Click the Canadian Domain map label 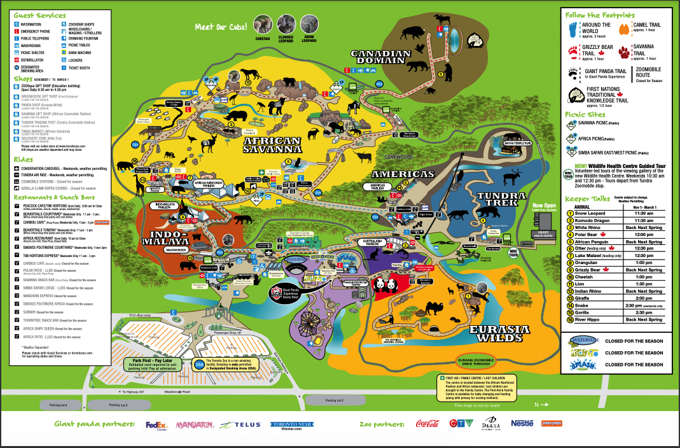tap(377, 56)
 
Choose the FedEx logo tap(156, 424)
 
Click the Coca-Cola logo tap(427, 424)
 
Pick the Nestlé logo tap(523, 423)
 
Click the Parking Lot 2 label tap(335, 400)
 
